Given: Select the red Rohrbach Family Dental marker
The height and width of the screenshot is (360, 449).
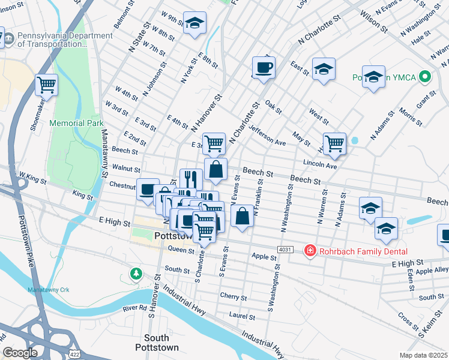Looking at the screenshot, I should [x=310, y=250].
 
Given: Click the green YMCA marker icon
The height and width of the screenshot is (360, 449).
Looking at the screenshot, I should [x=426, y=77].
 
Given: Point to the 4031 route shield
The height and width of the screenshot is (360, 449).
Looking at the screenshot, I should [x=285, y=249].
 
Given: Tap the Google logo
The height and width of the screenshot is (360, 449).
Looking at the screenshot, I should [x=20, y=352].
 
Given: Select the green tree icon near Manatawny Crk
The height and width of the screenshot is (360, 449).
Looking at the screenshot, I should [x=136, y=274].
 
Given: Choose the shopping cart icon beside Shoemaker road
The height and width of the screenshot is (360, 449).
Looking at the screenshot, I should [x=46, y=85].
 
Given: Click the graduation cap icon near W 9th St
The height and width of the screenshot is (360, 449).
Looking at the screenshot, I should [x=194, y=23].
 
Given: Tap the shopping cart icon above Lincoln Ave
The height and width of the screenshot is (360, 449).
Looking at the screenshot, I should [x=334, y=142].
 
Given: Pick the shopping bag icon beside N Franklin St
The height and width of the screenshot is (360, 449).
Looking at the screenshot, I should [x=241, y=217].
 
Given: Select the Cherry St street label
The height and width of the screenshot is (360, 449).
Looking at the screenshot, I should [x=233, y=297].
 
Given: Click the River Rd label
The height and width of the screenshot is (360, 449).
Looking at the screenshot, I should [x=134, y=308].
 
